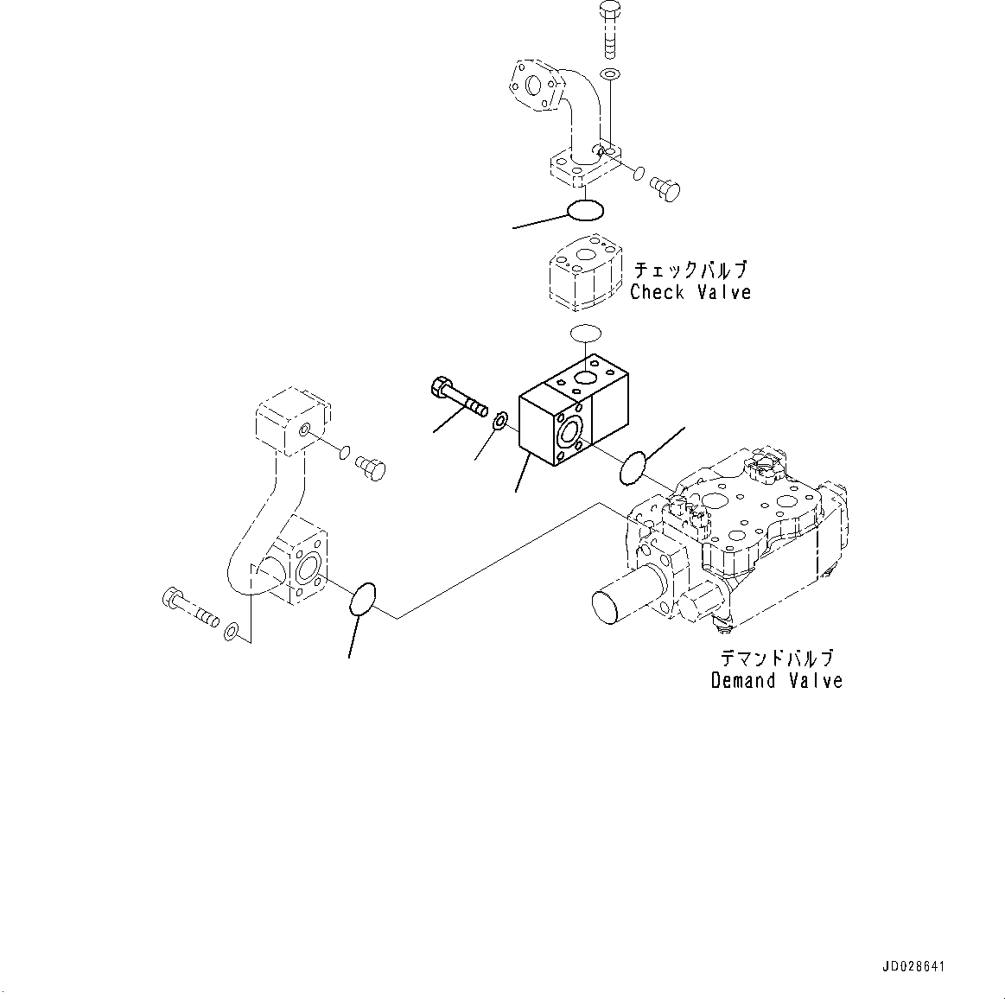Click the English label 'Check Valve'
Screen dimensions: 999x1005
click(x=690, y=292)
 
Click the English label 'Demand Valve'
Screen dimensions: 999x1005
click(x=776, y=681)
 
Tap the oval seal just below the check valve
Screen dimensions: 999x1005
click(x=587, y=333)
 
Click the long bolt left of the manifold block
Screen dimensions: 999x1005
click(x=457, y=397)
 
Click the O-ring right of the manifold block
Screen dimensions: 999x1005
click(x=633, y=468)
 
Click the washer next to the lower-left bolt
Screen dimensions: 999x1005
click(x=231, y=633)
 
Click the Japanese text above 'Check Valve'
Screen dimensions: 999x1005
click(x=690, y=269)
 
